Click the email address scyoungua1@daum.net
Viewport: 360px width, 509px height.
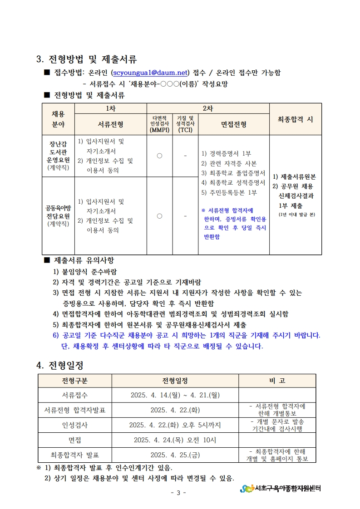pyautogui.click(x=150, y=73)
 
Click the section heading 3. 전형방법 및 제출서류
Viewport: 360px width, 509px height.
pyautogui.click(x=86, y=59)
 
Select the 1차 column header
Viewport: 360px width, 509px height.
pyautogui.click(x=110, y=108)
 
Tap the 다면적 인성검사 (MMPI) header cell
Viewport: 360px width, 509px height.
pyautogui.click(x=159, y=124)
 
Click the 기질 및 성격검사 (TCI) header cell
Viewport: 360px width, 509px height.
pyautogui.click(x=185, y=124)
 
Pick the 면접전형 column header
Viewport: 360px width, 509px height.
pyautogui.click(x=234, y=124)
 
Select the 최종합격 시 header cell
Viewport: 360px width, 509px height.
pyautogui.click(x=295, y=119)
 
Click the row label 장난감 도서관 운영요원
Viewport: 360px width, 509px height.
pyautogui.click(x=58, y=156)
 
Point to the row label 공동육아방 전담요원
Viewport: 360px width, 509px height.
pyautogui.click(x=58, y=215)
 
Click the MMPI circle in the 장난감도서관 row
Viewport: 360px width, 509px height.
pyautogui.click(x=159, y=156)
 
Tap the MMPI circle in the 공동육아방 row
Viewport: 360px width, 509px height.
pyautogui.click(x=159, y=216)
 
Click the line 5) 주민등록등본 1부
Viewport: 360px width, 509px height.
pyautogui.click(x=229, y=192)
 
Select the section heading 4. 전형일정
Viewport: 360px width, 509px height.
pyautogui.click(x=60, y=365)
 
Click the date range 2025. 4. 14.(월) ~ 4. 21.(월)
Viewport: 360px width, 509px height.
pyautogui.click(x=175, y=395)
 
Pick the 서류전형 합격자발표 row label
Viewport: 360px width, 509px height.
pyautogui.click(x=75, y=410)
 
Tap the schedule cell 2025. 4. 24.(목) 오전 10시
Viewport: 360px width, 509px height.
pyautogui.click(x=175, y=440)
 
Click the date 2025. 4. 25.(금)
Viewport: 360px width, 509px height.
pyautogui.click(x=175, y=455)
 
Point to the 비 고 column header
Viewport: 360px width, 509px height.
pyautogui.click(x=277, y=381)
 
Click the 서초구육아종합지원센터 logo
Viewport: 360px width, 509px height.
pyautogui.click(x=281, y=488)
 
